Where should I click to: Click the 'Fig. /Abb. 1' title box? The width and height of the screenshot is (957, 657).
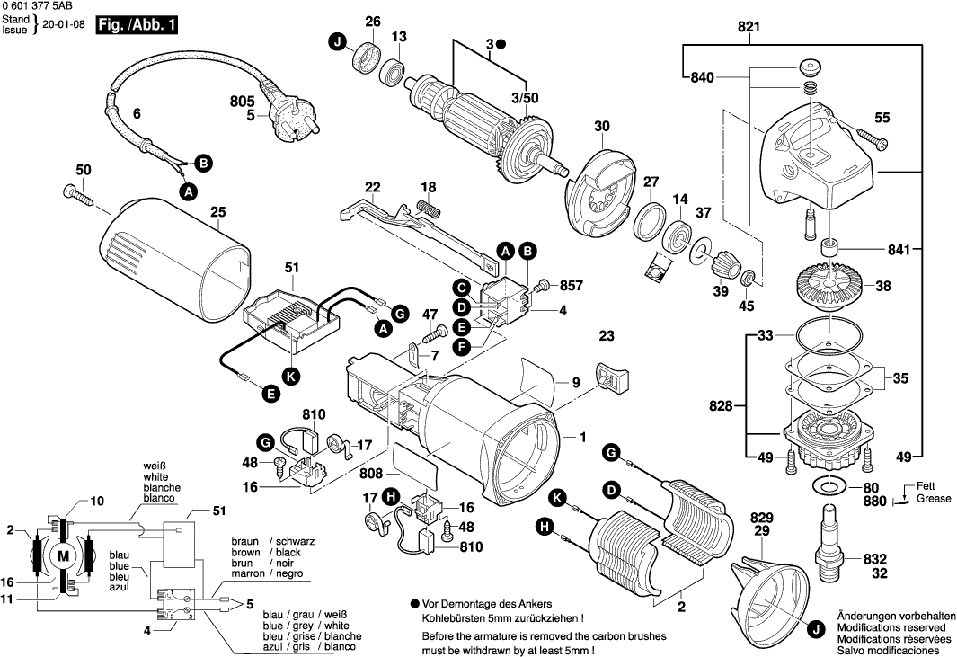click(136, 25)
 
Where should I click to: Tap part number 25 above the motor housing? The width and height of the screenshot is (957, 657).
click(217, 212)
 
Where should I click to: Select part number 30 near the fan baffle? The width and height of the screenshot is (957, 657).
click(601, 125)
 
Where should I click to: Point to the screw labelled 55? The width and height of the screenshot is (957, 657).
click(872, 138)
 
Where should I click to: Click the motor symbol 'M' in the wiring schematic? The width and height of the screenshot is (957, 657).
click(63, 557)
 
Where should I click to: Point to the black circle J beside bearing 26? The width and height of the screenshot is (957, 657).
click(337, 42)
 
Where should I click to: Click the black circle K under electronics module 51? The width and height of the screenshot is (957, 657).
click(290, 377)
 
